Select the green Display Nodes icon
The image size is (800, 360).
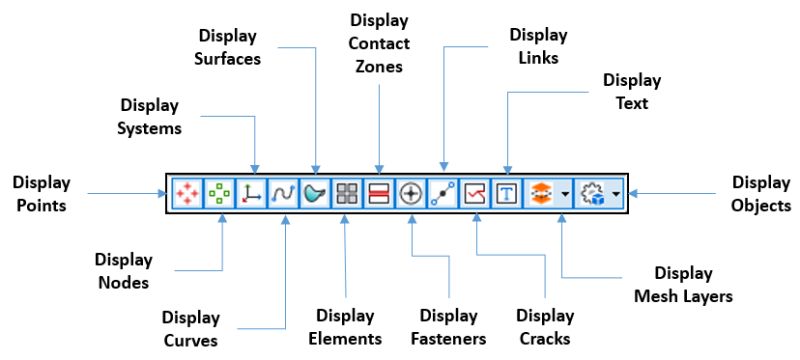(x=219, y=193)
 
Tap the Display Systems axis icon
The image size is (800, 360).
(x=251, y=193)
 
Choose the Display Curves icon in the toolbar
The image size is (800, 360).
(x=283, y=193)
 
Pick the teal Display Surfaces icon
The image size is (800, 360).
(x=315, y=193)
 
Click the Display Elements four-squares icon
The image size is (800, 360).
(x=347, y=193)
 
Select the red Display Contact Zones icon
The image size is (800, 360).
(x=379, y=193)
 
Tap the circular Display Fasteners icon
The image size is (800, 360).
(x=411, y=193)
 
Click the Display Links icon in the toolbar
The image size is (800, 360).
(x=443, y=193)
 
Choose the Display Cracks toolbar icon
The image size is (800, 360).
(x=475, y=193)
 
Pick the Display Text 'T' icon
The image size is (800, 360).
(x=507, y=193)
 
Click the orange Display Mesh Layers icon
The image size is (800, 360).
(x=541, y=193)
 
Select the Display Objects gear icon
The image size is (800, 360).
(x=593, y=193)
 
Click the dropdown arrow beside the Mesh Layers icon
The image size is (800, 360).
(x=565, y=193)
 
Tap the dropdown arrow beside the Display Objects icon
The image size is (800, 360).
(x=616, y=193)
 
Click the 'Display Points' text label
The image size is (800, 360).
(x=41, y=193)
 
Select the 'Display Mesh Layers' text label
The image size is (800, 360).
(x=683, y=284)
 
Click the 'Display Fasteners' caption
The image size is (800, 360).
(x=448, y=328)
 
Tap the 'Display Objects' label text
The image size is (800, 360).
(x=761, y=193)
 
